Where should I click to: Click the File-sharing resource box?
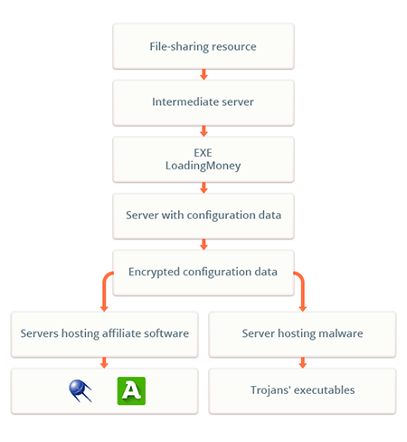(x=203, y=46)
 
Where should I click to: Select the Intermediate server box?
(x=203, y=102)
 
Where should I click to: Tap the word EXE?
(x=203, y=153)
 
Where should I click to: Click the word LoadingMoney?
(x=203, y=166)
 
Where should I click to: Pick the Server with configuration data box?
(x=203, y=216)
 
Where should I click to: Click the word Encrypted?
(x=154, y=272)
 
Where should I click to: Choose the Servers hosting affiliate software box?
(x=104, y=334)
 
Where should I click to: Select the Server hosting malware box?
(x=302, y=334)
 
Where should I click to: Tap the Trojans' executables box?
(x=302, y=391)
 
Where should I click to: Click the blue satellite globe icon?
(x=79, y=390)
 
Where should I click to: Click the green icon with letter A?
(x=131, y=390)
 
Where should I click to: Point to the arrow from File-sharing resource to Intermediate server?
(x=203, y=74)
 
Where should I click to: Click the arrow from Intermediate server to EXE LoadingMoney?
(x=203, y=131)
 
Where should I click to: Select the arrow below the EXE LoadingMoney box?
(x=203, y=187)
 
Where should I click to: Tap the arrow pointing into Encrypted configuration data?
(x=203, y=245)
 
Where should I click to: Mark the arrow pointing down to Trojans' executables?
(x=303, y=362)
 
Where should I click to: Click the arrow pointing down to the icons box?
(x=104, y=362)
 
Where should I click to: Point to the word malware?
(x=341, y=333)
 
